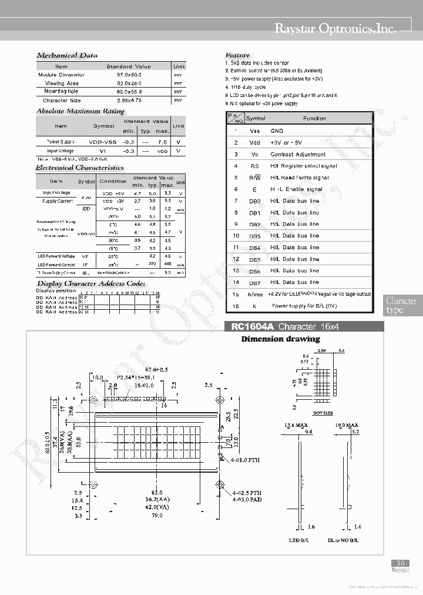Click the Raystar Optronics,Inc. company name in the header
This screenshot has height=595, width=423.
click(335, 28)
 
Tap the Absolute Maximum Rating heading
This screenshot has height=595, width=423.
click(80, 111)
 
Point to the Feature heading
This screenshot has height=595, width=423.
click(237, 55)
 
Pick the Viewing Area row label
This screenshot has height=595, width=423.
click(62, 83)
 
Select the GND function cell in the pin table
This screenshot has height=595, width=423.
click(277, 131)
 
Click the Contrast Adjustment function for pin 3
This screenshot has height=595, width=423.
click(298, 155)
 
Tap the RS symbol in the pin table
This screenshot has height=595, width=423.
click(254, 166)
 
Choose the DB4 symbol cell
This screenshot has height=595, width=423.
click(254, 248)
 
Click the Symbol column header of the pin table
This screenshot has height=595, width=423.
click(256, 119)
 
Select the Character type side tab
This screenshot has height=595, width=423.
click(402, 305)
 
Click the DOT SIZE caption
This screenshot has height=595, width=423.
click(323, 414)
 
